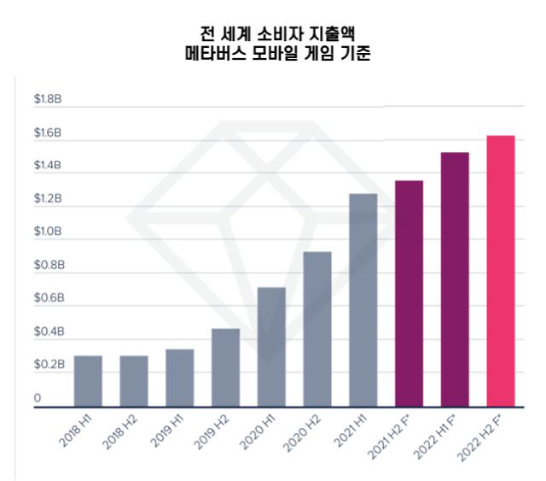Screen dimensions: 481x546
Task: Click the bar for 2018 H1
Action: coord(88,381)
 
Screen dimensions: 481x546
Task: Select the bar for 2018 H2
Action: coord(133,381)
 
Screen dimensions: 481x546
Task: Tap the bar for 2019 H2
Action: coord(225,367)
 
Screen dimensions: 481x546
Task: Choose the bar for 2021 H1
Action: coord(363,300)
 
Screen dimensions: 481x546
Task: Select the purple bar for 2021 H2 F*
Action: coord(409,294)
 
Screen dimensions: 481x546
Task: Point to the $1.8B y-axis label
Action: coord(48,100)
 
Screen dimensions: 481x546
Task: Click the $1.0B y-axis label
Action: coord(48,232)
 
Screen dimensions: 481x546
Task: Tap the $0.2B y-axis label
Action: coord(48,364)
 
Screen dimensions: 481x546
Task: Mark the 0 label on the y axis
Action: coord(38,397)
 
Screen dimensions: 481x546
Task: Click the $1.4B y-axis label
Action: coord(48,166)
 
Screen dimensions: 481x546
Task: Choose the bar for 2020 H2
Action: coord(317,329)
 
